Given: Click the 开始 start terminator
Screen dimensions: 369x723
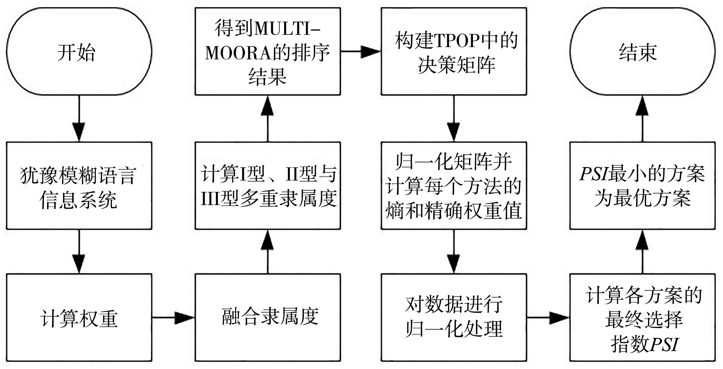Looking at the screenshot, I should [x=79, y=52].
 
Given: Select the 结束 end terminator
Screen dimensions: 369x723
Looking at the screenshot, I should [x=642, y=52].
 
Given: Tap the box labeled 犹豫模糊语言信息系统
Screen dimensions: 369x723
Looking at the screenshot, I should [x=79, y=186].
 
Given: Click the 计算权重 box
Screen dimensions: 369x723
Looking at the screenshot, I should [x=79, y=317].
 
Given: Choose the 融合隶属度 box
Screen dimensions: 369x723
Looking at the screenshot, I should [x=267, y=317].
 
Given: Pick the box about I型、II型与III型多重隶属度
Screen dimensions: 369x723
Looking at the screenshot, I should [x=267, y=186].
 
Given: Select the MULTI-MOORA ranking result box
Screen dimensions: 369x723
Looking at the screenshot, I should [x=267, y=52].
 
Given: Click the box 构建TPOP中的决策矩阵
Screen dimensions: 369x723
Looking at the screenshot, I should [x=454, y=52].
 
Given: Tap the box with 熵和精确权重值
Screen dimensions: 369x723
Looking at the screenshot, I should [x=454, y=186].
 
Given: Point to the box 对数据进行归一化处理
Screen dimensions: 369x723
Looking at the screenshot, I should [x=454, y=317].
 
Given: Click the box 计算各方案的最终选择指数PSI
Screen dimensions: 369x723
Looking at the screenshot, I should [x=642, y=317].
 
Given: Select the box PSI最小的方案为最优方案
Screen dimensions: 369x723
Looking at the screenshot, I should [x=642, y=186].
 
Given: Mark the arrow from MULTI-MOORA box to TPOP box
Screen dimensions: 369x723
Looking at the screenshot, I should [x=361, y=52].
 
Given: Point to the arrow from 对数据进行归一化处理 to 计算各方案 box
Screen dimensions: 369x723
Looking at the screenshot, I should [x=548, y=317].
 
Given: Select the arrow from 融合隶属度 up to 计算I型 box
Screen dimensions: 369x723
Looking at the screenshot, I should [x=267, y=252].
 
